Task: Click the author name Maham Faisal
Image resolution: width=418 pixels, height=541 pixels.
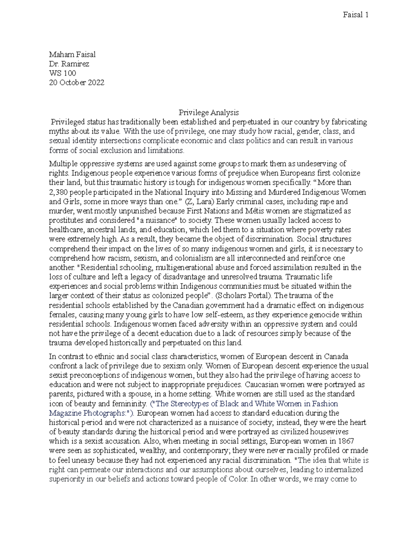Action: (x=72, y=54)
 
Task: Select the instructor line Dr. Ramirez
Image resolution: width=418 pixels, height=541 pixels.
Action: (x=69, y=64)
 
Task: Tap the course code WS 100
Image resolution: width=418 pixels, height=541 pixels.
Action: (x=62, y=73)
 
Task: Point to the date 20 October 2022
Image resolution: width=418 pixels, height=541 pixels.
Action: (x=76, y=83)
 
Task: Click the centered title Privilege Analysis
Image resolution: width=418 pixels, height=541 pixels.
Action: (x=209, y=113)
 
